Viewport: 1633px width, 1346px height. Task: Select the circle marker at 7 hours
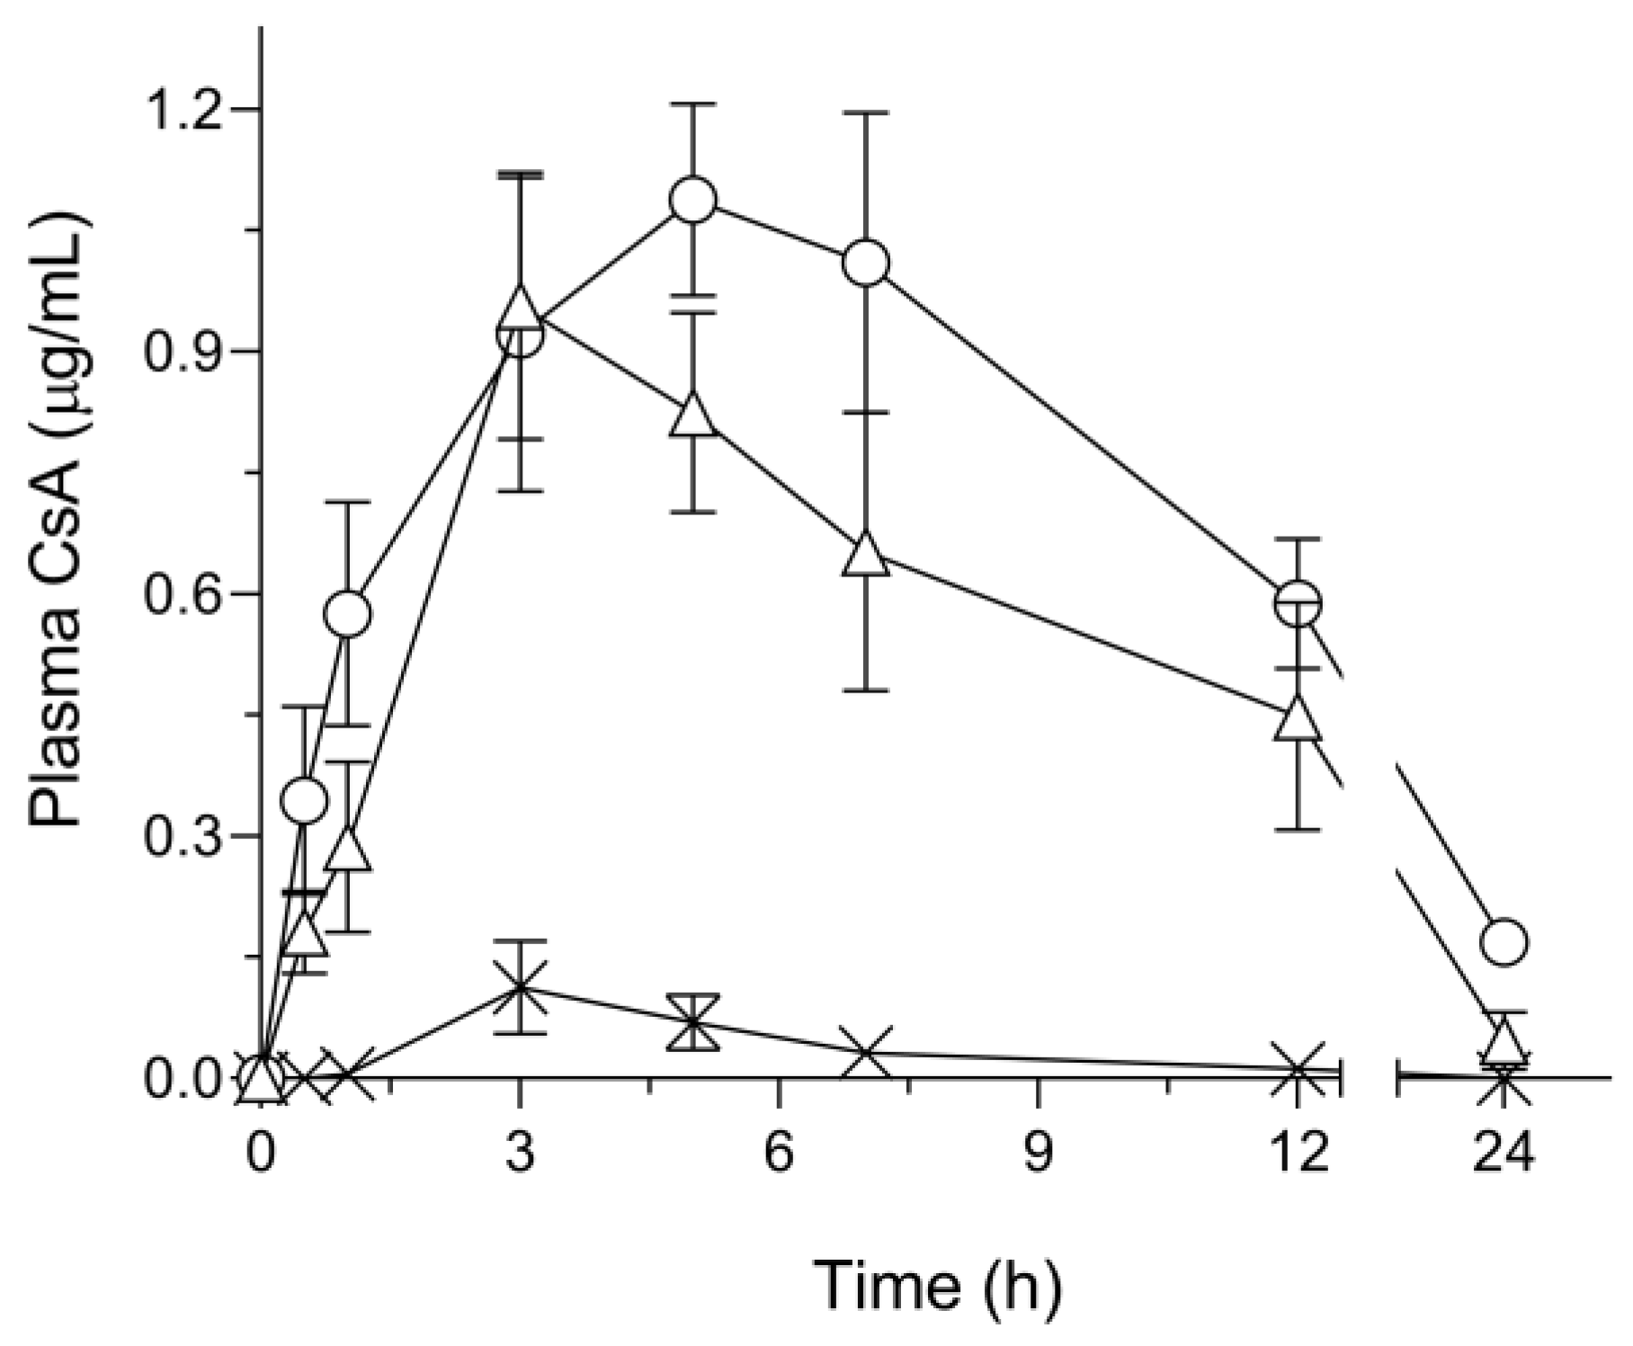[x=866, y=263]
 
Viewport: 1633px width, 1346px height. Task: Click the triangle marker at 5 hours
[x=693, y=415]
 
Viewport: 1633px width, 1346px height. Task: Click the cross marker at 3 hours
[x=520, y=987]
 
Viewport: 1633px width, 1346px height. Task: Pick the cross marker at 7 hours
[x=866, y=1053]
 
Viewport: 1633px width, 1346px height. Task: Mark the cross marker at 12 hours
[x=1298, y=1069]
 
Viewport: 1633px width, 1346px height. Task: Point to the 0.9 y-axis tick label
[x=183, y=352]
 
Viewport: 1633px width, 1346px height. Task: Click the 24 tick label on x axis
[x=1504, y=1152]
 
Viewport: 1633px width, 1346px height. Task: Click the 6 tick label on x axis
[x=779, y=1152]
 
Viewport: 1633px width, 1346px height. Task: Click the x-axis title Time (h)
[x=938, y=1285]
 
